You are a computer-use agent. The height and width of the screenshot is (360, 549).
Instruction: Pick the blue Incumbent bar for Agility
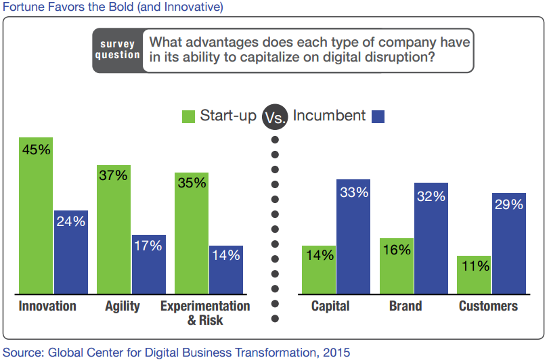click(x=149, y=264)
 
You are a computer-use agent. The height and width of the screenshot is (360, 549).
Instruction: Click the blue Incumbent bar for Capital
click(x=353, y=236)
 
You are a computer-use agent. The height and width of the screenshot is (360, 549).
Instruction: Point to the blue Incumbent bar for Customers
click(x=509, y=243)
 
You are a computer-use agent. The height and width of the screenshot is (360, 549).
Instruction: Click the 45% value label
click(x=36, y=150)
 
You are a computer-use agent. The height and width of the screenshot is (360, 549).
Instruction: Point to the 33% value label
click(x=353, y=192)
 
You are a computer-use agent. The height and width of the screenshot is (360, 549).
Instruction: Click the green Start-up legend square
click(x=188, y=116)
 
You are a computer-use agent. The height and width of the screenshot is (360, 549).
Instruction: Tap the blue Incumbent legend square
click(x=378, y=116)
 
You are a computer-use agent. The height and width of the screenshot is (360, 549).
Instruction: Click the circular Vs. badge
click(x=274, y=117)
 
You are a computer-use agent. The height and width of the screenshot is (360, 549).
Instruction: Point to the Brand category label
click(x=405, y=307)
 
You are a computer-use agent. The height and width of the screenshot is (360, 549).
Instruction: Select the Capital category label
click(x=330, y=307)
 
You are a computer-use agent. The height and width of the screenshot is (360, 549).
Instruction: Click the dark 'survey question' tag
click(x=117, y=50)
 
